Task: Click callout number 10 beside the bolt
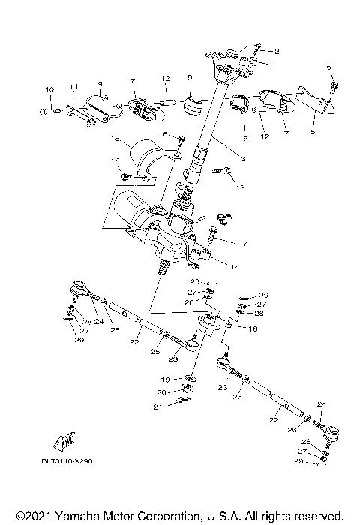[x=51, y=90]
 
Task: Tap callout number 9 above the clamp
[x=99, y=83]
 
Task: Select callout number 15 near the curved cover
[x=114, y=139]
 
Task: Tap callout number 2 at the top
[x=277, y=51]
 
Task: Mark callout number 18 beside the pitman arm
[x=231, y=328]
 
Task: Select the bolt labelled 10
[x=45, y=111]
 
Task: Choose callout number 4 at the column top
[x=245, y=48]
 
